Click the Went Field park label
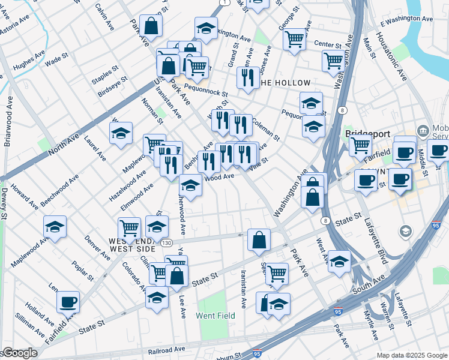pos(215,315)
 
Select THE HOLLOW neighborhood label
pos(285,83)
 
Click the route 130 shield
pos(166,242)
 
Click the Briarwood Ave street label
pos(8,127)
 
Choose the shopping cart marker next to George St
pos(294,39)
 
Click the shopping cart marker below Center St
pos(333,60)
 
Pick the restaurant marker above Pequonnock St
pos(247,78)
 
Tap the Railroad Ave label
pos(167,349)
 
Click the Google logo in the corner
pos(19,353)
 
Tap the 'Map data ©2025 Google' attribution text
pos(412,355)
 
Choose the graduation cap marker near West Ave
pos(339,262)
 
